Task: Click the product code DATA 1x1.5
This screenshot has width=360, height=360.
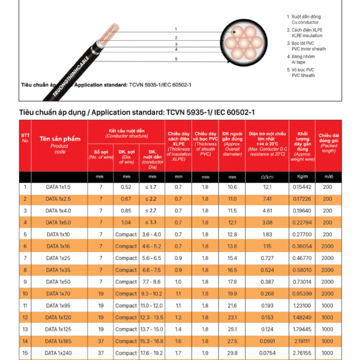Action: coord(59,187)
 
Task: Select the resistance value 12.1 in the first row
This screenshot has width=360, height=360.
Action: coord(267,187)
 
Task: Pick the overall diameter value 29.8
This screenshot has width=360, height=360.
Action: coord(232,353)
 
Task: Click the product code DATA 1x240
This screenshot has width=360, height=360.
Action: coord(59,353)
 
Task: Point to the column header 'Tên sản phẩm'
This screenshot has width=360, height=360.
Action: coord(59,140)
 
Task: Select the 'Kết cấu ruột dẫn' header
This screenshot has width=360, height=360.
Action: coord(126,130)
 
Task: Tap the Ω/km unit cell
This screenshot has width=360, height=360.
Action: coord(267,176)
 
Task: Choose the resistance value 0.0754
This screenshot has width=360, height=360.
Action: coord(267,353)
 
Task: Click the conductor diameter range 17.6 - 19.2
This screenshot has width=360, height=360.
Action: coord(151,353)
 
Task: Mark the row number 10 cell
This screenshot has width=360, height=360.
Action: coord(25,294)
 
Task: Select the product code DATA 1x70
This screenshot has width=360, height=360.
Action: coord(59,294)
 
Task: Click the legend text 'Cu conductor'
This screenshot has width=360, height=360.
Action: coord(306,22)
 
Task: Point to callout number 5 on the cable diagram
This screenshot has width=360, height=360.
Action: coord(176,59)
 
